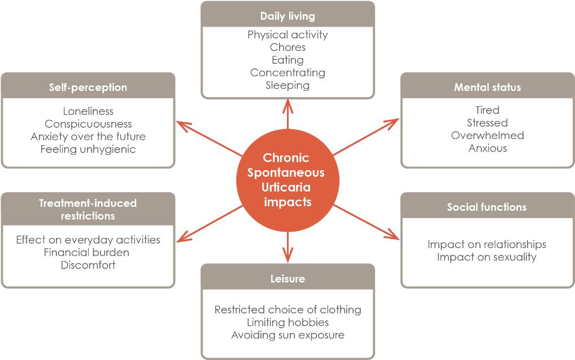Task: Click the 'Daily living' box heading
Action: click(287, 16)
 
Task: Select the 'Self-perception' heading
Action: click(88, 88)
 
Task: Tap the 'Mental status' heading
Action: click(487, 88)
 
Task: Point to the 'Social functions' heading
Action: click(486, 207)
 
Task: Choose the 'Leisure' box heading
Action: click(287, 279)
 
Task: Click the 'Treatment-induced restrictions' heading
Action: click(88, 209)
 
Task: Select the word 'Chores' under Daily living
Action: click(287, 47)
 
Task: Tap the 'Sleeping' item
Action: click(287, 85)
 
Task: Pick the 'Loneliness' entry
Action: click(88, 111)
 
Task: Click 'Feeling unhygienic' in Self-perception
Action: click(88, 149)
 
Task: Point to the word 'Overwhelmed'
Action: click(487, 136)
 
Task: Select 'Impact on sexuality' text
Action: click(486, 257)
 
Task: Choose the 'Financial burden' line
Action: click(86, 252)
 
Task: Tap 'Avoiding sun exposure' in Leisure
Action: click(287, 335)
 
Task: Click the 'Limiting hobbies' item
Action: click(287, 323)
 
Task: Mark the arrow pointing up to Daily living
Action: click(287, 114)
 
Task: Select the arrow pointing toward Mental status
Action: click(367, 136)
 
